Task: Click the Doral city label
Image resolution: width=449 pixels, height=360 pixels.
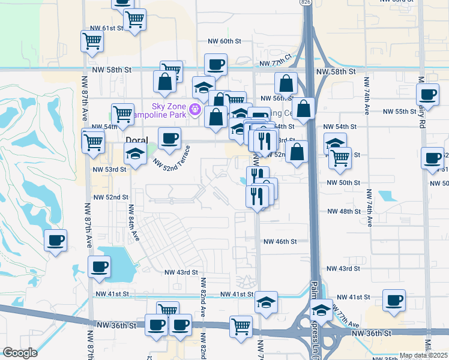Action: pyautogui.click(x=136, y=139)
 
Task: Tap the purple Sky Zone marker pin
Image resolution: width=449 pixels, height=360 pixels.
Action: pyautogui.click(x=194, y=109)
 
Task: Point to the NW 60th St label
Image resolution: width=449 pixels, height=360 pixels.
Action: pyautogui.click(x=224, y=41)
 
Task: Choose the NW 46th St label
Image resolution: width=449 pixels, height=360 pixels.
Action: pyautogui.click(x=280, y=241)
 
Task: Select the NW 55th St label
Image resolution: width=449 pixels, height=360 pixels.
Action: pyautogui.click(x=399, y=112)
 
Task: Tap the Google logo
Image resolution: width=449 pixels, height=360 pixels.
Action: pyautogui.click(x=20, y=352)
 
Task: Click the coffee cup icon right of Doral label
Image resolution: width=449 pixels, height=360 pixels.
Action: pyautogui.click(x=169, y=138)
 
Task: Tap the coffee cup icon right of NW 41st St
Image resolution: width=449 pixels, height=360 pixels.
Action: pyautogui.click(x=394, y=300)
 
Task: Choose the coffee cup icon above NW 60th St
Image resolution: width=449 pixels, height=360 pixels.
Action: pyautogui.click(x=215, y=64)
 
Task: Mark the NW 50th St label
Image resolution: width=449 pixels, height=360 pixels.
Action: pyautogui.click(x=343, y=182)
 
